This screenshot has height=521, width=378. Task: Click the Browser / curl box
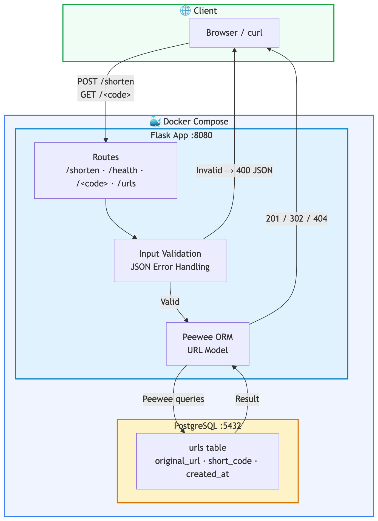coord(234,33)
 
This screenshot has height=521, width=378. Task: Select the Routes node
coord(106,170)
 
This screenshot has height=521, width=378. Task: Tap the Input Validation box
coord(170,260)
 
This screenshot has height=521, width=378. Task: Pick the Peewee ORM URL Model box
coord(208,344)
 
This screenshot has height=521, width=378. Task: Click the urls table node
coord(208,461)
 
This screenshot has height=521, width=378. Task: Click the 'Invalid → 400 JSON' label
coord(234,171)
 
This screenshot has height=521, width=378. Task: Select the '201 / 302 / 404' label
coord(297,219)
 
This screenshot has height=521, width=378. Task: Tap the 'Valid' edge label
coord(170,302)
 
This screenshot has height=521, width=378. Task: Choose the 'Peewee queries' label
coord(173,399)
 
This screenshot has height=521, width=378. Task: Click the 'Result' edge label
coord(247,399)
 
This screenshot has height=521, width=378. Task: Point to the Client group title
coord(205,11)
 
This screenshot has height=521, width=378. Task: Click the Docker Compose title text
coord(196,121)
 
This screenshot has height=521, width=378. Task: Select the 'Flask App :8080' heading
coord(181,135)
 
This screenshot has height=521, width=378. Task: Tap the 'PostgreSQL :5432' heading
coord(208,426)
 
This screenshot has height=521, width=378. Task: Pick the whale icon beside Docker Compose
coord(155,121)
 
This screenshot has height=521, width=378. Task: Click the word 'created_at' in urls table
coord(208,474)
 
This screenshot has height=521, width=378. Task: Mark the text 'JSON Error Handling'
coord(170,267)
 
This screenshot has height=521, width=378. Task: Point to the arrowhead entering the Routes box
coord(106,140)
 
